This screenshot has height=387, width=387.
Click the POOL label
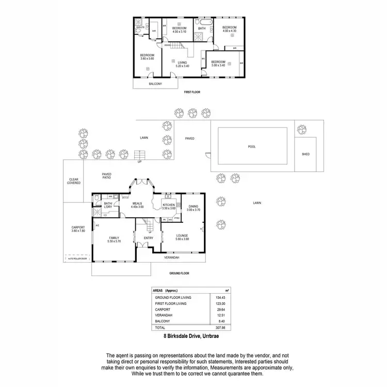(252, 147)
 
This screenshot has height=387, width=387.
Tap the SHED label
(305, 154)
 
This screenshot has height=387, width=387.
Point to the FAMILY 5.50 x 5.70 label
(114, 239)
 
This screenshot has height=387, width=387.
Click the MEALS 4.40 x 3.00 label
(137, 205)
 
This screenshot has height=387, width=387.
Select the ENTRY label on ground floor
(141, 238)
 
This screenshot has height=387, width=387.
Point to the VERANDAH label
(171, 257)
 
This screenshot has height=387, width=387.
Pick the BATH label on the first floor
(202, 28)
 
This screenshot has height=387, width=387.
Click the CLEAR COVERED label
(74, 181)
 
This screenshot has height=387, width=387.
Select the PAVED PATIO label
(106, 176)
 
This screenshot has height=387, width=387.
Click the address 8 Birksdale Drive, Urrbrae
(193, 336)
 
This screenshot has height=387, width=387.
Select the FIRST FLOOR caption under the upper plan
(192, 92)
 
